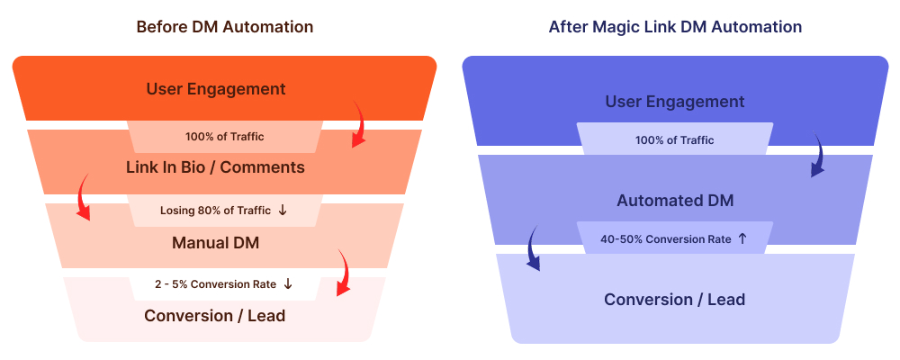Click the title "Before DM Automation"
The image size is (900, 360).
[x=224, y=27]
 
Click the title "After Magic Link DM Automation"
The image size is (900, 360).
[x=675, y=27]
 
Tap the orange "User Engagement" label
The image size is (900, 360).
[x=216, y=89]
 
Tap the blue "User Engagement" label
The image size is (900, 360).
[x=675, y=102]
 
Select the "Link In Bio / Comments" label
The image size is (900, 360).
[x=215, y=167]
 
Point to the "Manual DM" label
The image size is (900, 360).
[x=215, y=243]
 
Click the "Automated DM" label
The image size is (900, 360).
[x=675, y=201]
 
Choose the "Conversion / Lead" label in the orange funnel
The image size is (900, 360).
[x=215, y=316]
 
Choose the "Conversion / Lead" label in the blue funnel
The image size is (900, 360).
[x=675, y=299]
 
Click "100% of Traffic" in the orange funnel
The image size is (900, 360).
[x=225, y=137]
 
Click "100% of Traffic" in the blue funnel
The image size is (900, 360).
[x=675, y=140]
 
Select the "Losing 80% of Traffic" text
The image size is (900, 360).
[x=215, y=211]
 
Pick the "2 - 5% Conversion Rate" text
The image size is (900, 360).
[x=215, y=284]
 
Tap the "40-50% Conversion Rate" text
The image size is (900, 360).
[x=666, y=239]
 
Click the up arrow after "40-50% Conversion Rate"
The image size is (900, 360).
[x=742, y=239]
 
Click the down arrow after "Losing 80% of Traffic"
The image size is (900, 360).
[x=283, y=211]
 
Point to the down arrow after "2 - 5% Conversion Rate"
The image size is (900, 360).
[x=288, y=284]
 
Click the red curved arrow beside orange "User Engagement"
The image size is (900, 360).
[x=358, y=126]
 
